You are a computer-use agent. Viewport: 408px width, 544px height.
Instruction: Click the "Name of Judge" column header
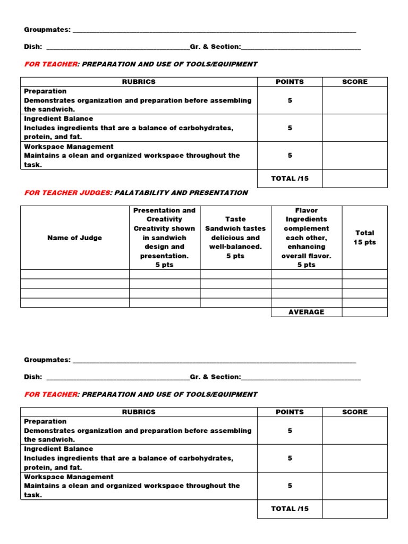[75, 237]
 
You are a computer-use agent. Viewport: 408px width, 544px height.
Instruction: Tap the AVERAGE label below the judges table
[306, 312]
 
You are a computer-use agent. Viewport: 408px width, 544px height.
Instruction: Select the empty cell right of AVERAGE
[364, 312]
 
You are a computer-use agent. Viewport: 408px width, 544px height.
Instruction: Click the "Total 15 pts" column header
[364, 237]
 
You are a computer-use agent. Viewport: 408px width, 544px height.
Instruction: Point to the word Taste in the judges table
[235, 219]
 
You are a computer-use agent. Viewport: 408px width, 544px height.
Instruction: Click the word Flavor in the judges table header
[306, 210]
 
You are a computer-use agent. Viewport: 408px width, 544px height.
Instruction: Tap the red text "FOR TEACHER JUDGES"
[66, 193]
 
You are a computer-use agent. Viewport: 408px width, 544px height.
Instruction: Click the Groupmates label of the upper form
[47, 30]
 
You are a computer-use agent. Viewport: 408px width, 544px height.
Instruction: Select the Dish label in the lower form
[33, 377]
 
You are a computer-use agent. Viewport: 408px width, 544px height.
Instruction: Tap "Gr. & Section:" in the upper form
[215, 47]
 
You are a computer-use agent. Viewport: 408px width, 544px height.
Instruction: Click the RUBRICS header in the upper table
[139, 82]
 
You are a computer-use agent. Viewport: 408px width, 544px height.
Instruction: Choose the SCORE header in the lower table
[354, 412]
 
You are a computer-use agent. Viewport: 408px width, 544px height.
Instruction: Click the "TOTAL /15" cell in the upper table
[290, 178]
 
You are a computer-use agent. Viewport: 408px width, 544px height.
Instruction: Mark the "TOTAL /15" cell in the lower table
[290, 508]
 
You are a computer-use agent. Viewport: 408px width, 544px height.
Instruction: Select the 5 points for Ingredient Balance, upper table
[290, 128]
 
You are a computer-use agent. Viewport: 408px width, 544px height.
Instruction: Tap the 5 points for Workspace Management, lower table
[290, 486]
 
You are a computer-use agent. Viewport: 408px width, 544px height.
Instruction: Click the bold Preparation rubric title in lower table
[45, 421]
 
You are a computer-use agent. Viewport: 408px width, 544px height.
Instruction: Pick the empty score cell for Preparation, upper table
[354, 100]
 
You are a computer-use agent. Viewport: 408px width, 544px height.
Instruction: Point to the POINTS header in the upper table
[290, 82]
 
